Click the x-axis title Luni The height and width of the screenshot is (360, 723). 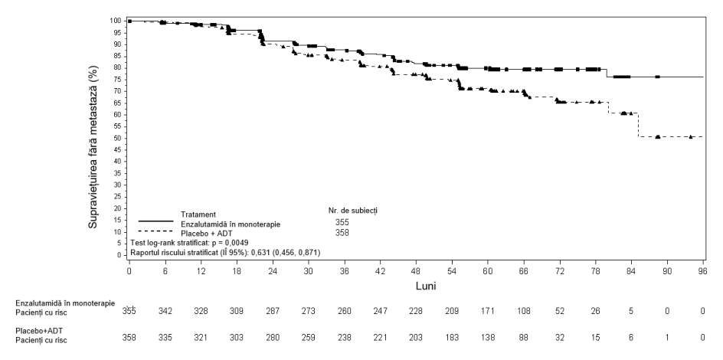(426, 286)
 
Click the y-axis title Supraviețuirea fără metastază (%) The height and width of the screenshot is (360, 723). (93, 147)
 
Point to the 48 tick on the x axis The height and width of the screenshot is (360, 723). (417, 260)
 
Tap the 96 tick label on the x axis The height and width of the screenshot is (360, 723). (703, 271)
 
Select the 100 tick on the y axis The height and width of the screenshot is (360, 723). (125, 21)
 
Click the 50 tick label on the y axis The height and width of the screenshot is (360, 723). (118, 139)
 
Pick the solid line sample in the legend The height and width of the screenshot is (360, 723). (156, 221)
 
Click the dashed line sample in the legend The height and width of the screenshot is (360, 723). (156, 231)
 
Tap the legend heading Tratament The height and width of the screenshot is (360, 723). (198, 214)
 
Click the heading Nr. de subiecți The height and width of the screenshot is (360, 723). (349, 211)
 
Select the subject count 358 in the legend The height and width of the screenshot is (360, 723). (342, 233)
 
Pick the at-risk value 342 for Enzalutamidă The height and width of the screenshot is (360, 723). (165, 311)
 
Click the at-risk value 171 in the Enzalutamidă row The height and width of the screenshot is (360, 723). (488, 311)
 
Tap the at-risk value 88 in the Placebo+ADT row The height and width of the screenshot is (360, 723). (523, 338)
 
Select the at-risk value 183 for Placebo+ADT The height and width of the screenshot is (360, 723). (452, 338)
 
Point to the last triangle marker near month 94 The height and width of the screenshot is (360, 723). (691, 136)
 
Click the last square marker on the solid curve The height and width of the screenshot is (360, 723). (658, 77)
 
